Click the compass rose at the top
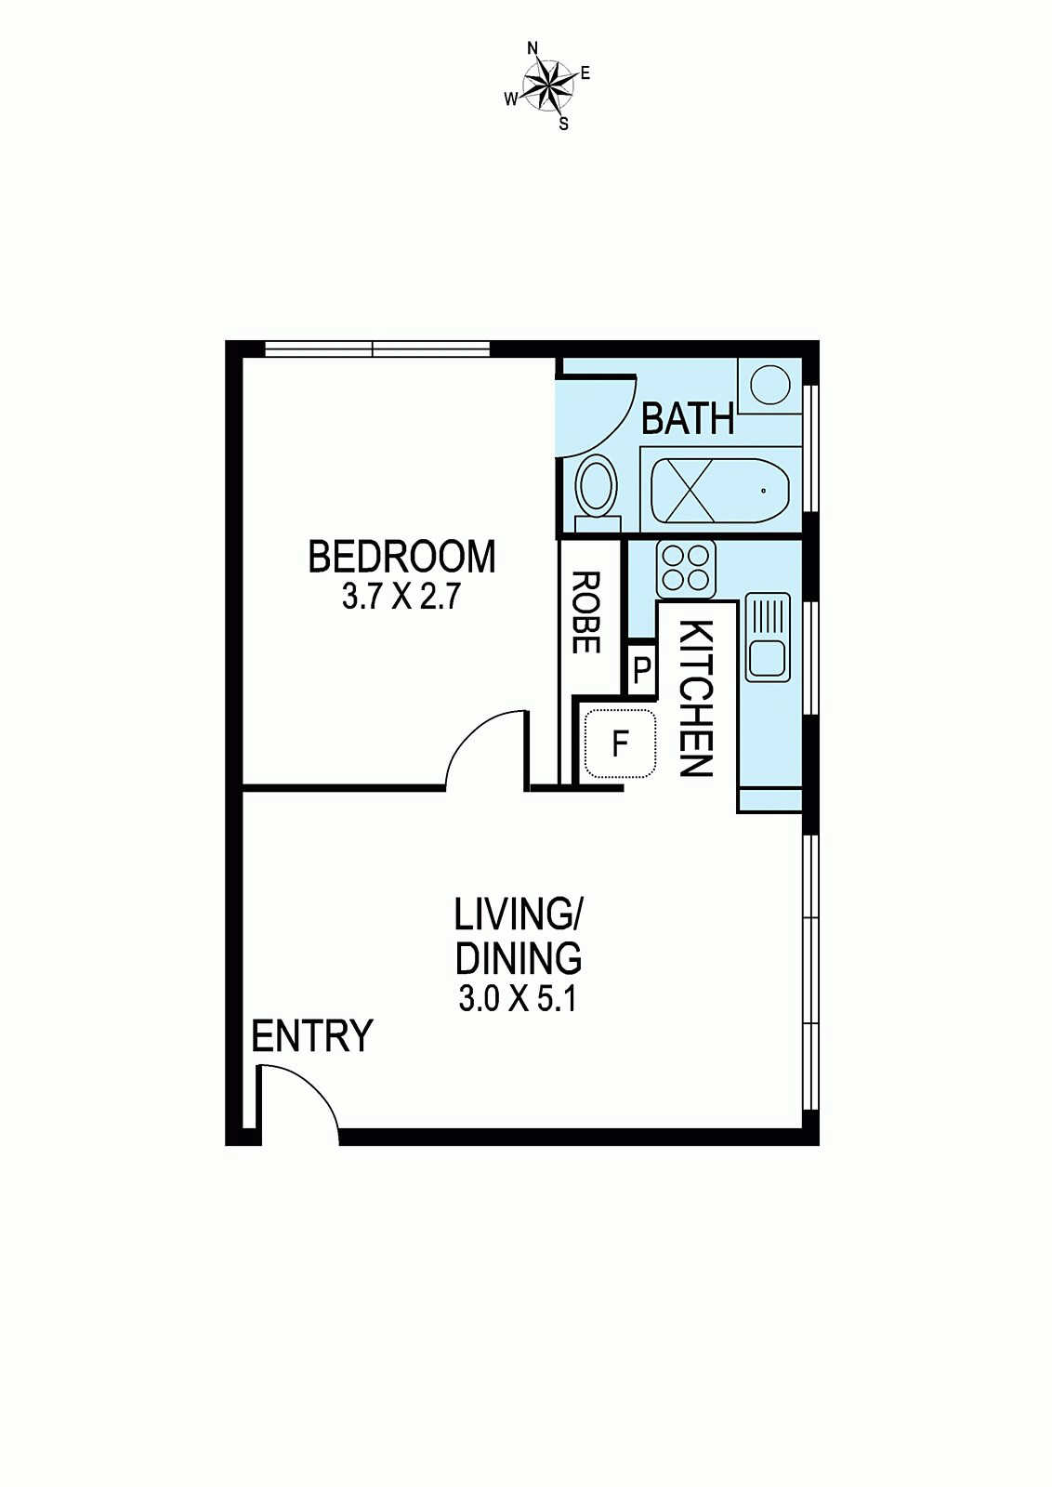click(x=548, y=85)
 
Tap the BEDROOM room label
click(x=402, y=558)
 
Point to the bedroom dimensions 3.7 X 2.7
click(x=401, y=599)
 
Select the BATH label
click(x=689, y=419)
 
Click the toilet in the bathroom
click(x=598, y=493)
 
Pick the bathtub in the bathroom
click(x=721, y=490)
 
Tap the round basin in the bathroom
click(x=769, y=385)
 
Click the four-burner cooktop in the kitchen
click(x=686, y=569)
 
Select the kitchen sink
click(x=768, y=638)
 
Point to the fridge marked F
click(x=619, y=743)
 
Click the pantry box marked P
click(x=641, y=670)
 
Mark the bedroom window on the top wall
click(x=377, y=349)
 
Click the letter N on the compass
click(x=532, y=47)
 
